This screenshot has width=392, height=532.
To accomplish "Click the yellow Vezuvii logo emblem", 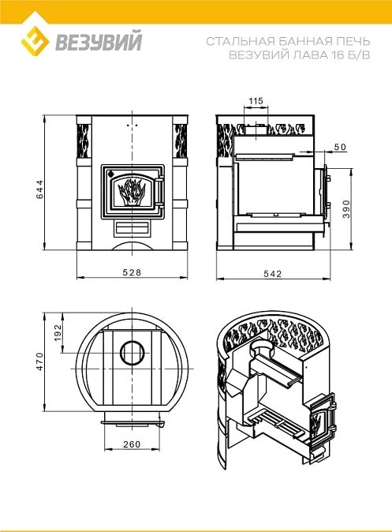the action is [x=35, y=41].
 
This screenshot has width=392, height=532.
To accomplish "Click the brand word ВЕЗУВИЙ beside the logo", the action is [x=99, y=41].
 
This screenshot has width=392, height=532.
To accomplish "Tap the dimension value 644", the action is [x=39, y=189].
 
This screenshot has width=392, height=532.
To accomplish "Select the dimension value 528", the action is [x=132, y=272].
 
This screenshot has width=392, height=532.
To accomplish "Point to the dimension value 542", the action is [x=272, y=273].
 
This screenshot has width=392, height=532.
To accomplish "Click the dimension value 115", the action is [x=256, y=101].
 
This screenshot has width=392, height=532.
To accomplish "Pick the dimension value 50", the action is [x=340, y=147].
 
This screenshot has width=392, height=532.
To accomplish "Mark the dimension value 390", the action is [x=345, y=208].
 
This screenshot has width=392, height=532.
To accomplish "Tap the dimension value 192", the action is [x=58, y=332].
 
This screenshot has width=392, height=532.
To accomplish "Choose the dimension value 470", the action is [x=39, y=362].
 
